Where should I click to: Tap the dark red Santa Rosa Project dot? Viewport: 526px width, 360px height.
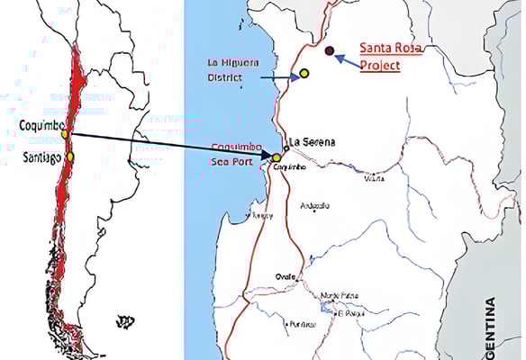coord(330,51)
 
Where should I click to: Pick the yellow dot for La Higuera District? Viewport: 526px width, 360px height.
coord(304,73)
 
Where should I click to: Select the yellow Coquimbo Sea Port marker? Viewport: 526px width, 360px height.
coord(277,157)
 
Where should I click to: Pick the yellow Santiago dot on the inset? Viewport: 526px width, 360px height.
coord(70,156)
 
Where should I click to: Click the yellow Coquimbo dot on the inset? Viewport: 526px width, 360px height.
coord(65,133)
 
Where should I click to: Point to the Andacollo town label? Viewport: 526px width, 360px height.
coord(313,206)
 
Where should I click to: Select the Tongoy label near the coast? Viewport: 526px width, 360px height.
coord(262,215)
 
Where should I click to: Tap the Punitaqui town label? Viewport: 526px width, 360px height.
coord(302,323)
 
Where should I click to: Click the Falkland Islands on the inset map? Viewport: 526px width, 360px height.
coord(126,319)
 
